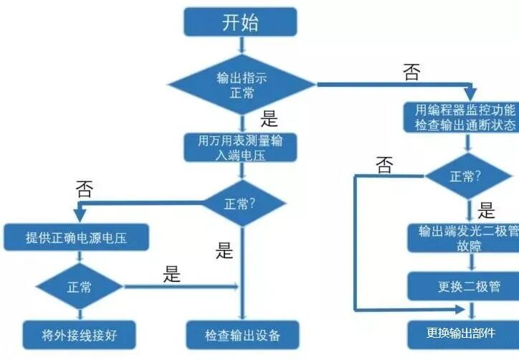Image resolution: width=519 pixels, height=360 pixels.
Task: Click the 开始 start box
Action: tap(239, 22)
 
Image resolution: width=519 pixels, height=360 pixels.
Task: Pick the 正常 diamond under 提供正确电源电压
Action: tap(79, 287)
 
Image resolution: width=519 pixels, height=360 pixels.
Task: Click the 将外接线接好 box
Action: tap(79, 334)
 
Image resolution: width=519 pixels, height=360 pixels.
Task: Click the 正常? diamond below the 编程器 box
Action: tap(470, 176)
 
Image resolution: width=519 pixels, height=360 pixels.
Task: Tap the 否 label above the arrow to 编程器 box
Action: tap(411, 72)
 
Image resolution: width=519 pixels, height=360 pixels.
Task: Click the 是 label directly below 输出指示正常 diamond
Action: tap(269, 119)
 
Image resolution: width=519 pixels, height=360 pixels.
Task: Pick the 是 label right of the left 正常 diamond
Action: tap(172, 275)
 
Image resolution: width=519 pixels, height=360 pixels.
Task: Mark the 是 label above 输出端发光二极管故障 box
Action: tap(487, 211)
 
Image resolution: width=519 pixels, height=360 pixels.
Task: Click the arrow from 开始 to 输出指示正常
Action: tap(241, 45)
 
